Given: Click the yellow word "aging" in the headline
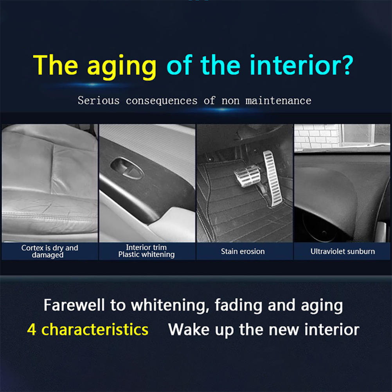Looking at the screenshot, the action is pyautogui.click(x=122, y=67).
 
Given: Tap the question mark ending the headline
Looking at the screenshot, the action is pyautogui.click(x=345, y=65).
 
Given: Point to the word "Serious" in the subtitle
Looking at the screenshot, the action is pyautogui.click(x=99, y=101).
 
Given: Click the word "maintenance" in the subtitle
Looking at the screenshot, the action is pyautogui.click(x=278, y=101).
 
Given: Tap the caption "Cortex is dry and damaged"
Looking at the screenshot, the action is pyautogui.click(x=50, y=251).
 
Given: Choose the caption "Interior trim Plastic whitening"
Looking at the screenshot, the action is pyautogui.click(x=146, y=251).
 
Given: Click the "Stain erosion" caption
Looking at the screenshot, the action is pyautogui.click(x=243, y=251).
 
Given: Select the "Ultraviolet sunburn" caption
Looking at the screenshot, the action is pyautogui.click(x=342, y=251).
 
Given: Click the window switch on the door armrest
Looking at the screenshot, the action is pyautogui.click(x=127, y=168).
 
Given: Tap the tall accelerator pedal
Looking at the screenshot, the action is pyautogui.click(x=273, y=178).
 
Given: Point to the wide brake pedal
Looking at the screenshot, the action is pyautogui.click(x=247, y=176).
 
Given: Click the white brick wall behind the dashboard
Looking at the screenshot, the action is pyautogui.click(x=317, y=137).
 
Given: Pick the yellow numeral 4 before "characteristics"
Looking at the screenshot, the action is pyautogui.click(x=32, y=329).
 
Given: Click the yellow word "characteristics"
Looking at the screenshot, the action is pyautogui.click(x=95, y=329).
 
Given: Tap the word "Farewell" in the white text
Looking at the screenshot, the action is pyautogui.click(x=74, y=305).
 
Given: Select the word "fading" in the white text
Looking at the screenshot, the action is pyautogui.click(x=238, y=306).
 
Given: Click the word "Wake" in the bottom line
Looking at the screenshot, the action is pyautogui.click(x=189, y=329).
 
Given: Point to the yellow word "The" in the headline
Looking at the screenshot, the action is pyautogui.click(x=56, y=65).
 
